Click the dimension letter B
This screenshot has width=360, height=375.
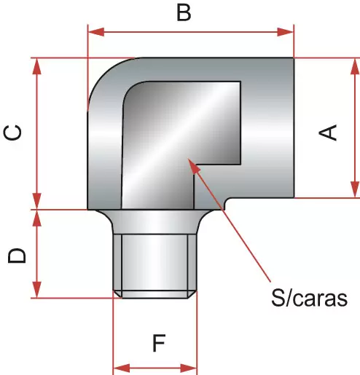[184, 12]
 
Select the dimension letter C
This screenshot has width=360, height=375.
[12, 133]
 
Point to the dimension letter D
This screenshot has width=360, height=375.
[17, 256]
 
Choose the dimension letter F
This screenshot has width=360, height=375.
[159, 343]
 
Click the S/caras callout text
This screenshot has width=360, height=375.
[309, 298]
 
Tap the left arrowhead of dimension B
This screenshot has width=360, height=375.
[96, 32]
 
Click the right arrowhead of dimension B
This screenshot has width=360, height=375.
[286, 32]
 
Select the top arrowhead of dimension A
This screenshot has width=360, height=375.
[355, 66]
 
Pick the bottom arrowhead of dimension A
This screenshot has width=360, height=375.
[355, 189]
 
